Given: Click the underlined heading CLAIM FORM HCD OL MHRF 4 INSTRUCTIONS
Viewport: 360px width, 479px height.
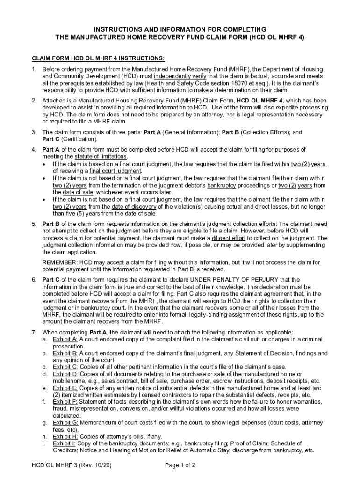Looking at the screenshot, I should [x=98, y=58].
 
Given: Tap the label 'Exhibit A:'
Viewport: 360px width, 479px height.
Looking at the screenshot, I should [x=65, y=338].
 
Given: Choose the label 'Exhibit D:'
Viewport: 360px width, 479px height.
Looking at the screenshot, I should [x=65, y=374].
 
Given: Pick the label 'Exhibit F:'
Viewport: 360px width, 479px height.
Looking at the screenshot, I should [x=65, y=401].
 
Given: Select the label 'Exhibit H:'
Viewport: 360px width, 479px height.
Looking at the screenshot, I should [x=65, y=436].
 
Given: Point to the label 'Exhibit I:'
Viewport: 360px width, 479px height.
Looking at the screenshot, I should [x=65, y=443].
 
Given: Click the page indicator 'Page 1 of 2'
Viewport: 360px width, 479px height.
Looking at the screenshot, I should [x=180, y=465].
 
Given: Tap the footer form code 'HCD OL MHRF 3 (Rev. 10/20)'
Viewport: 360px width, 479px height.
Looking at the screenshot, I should [x=72, y=465].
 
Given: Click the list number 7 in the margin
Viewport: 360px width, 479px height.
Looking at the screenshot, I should [x=34, y=332].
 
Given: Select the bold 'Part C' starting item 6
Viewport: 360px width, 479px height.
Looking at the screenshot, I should [x=51, y=280].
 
